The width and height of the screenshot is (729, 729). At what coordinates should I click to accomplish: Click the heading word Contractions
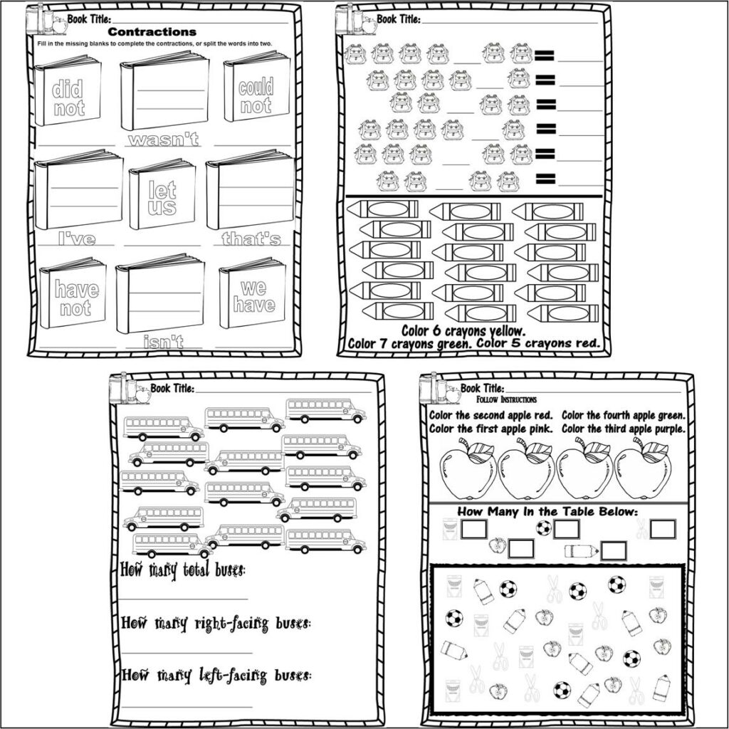tap(152, 32)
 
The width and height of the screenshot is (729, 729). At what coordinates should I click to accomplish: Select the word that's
tap(251, 239)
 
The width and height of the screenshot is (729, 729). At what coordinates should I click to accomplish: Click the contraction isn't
tap(162, 343)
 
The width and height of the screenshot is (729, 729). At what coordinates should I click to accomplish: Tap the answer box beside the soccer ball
tap(567, 529)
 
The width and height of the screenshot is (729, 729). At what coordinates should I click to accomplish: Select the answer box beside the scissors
tap(662, 529)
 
